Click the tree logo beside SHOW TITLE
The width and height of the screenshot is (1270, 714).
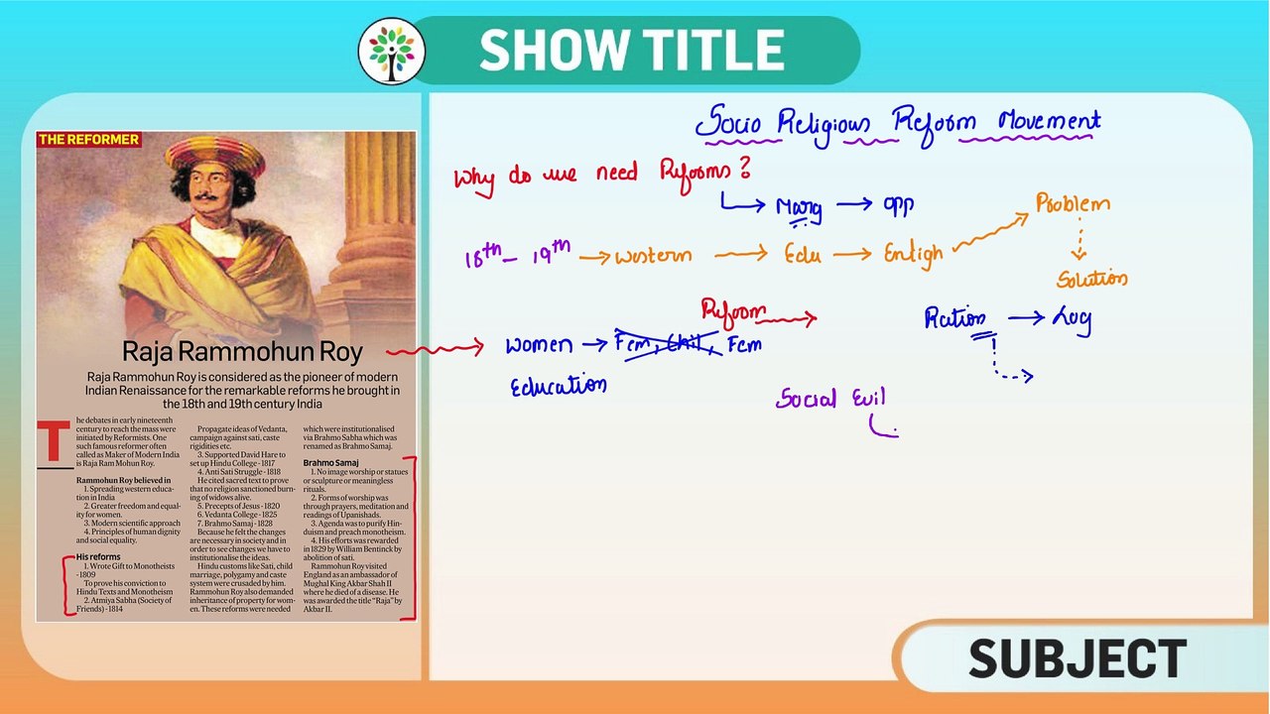[392, 51]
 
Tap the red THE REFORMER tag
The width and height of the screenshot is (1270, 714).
[88, 140]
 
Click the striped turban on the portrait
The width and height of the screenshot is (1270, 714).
[215, 155]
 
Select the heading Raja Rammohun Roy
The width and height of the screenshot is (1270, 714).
[242, 352]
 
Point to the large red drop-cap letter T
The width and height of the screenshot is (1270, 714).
[54, 442]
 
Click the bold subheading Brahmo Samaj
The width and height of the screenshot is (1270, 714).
[330, 463]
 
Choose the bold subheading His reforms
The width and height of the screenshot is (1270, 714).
[98, 557]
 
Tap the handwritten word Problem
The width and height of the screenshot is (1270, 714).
[1073, 204]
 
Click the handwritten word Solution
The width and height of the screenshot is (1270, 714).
[1091, 279]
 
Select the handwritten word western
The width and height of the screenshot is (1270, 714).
[652, 256]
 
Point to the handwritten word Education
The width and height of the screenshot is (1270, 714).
[558, 387]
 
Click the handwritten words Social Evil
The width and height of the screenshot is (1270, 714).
[830, 399]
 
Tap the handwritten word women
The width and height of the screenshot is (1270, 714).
[539, 345]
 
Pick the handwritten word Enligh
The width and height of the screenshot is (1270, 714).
[913, 255]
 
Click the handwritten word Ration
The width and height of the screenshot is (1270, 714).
[954, 318]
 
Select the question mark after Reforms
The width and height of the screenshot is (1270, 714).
[743, 169]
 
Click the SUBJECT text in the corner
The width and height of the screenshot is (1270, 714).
[1077, 659]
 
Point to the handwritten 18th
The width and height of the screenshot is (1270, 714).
[482, 257]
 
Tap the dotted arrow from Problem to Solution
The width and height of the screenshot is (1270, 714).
[1079, 241]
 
